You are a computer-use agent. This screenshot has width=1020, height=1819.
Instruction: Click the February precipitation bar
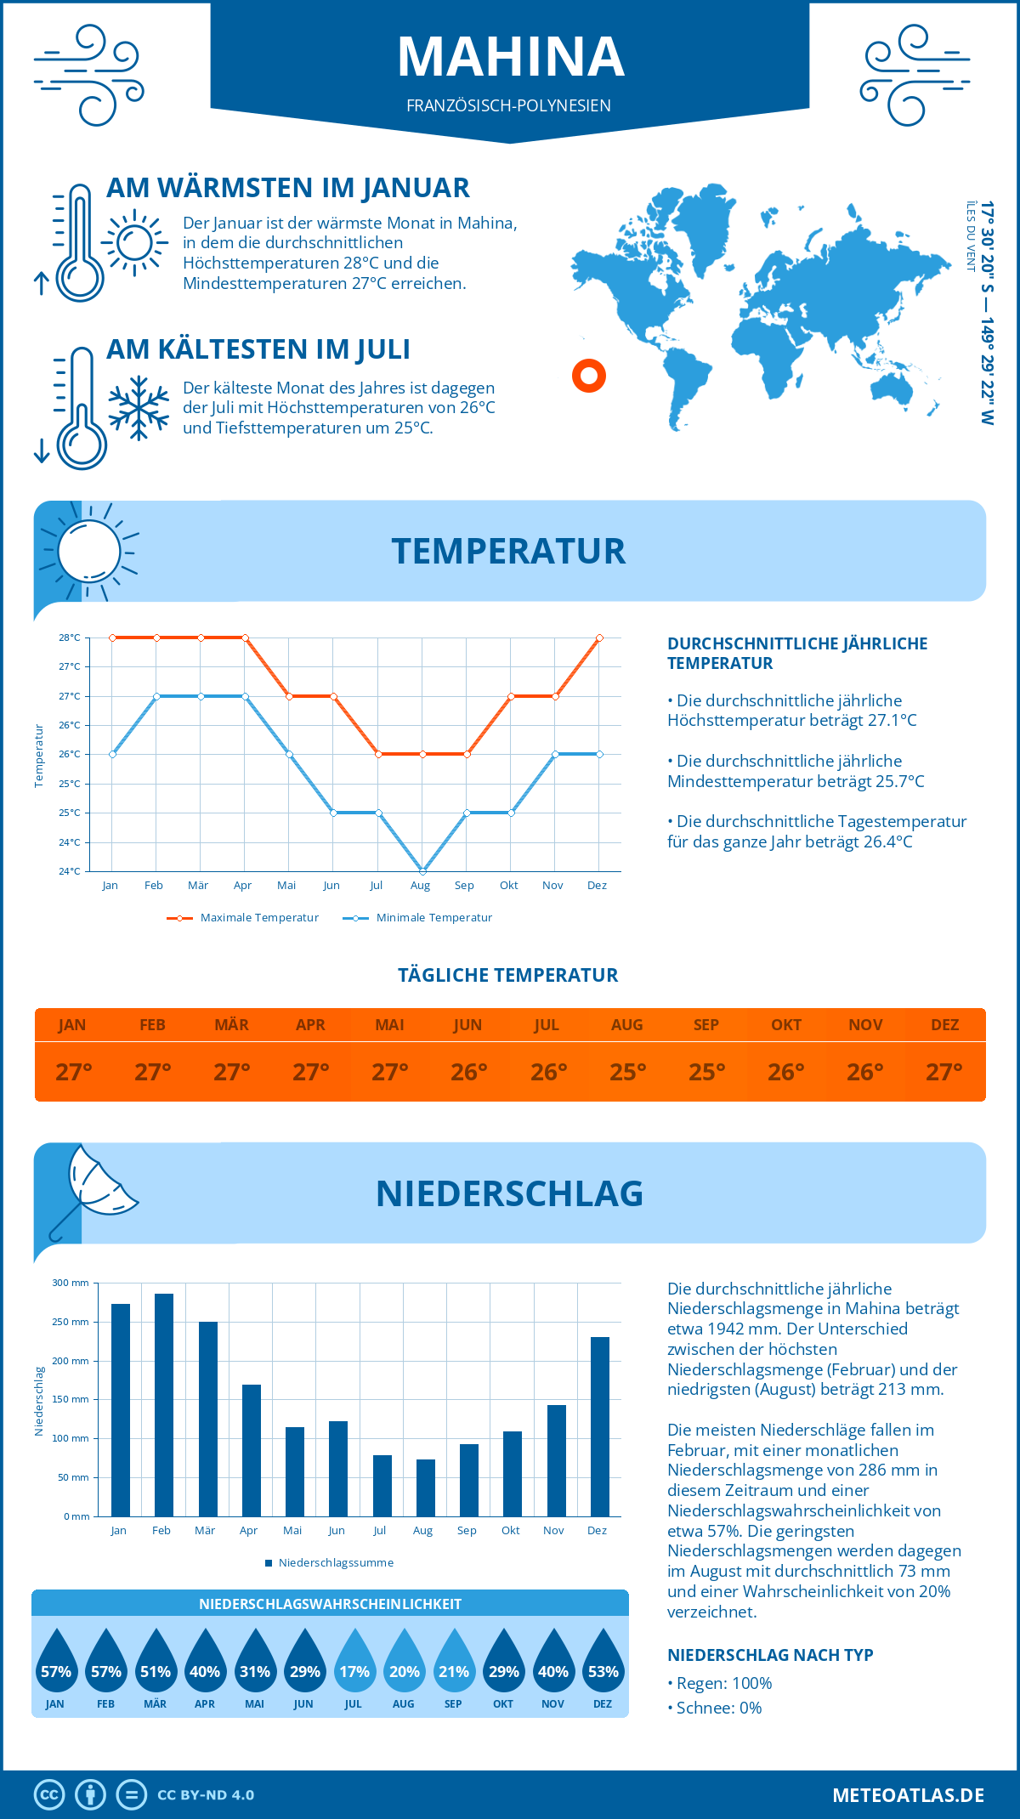point(164,1405)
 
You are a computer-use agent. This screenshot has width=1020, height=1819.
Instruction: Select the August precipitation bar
point(426,1487)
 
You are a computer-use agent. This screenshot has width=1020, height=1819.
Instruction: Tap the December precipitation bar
point(600,1426)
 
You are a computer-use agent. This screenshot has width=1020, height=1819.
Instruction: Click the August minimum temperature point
point(422,870)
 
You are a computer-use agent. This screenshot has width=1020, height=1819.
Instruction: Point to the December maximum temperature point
point(599,637)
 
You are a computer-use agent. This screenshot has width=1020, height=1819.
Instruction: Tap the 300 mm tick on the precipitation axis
point(71,1283)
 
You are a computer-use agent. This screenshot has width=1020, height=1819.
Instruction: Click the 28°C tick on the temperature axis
point(70,637)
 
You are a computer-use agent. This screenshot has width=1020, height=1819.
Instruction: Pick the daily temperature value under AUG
point(627,1072)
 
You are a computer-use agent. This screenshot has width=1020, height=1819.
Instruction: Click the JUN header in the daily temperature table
point(467,1025)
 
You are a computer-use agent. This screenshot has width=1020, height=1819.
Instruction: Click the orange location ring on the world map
point(588,375)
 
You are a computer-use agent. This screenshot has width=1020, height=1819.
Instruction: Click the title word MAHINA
point(510,57)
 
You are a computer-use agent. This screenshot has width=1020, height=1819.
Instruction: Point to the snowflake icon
point(139,408)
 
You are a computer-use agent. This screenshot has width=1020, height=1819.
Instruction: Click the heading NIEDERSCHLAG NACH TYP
point(770,1655)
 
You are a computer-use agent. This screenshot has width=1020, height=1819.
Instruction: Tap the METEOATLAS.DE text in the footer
point(908,1795)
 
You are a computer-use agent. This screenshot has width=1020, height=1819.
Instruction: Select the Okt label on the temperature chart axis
point(508,886)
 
